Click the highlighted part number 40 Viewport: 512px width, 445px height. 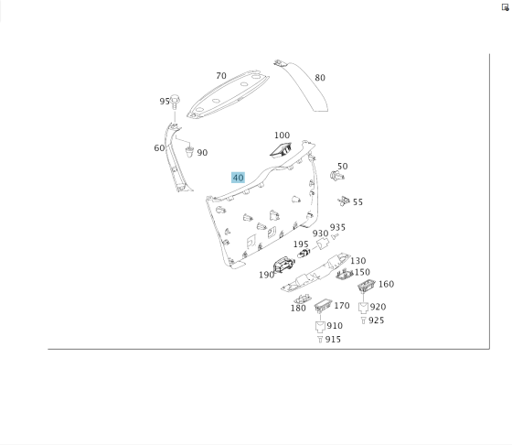click(x=238, y=178)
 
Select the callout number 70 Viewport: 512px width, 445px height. click(x=221, y=76)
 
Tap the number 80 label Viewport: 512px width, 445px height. click(x=320, y=78)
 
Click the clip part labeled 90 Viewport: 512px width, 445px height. click(x=189, y=152)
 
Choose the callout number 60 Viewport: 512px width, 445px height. click(x=159, y=148)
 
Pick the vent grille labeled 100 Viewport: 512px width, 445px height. click(x=281, y=149)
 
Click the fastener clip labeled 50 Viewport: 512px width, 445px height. click(x=336, y=176)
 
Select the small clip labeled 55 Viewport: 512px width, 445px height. click(x=344, y=201)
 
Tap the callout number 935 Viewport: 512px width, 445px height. click(x=337, y=227)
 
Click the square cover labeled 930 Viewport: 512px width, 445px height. click(x=323, y=244)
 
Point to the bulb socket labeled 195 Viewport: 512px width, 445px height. click(x=304, y=253)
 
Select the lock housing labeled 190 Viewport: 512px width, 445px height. click(x=283, y=265)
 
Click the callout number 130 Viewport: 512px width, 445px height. click(x=357, y=261)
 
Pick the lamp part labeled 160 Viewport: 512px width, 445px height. click(x=367, y=286)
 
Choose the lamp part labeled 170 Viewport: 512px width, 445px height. click(x=323, y=306)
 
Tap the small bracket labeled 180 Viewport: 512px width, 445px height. click(x=303, y=298)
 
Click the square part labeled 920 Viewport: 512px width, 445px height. click(x=364, y=308)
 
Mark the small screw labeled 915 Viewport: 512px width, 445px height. click(x=320, y=340)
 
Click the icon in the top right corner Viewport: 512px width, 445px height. click(x=505, y=7)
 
